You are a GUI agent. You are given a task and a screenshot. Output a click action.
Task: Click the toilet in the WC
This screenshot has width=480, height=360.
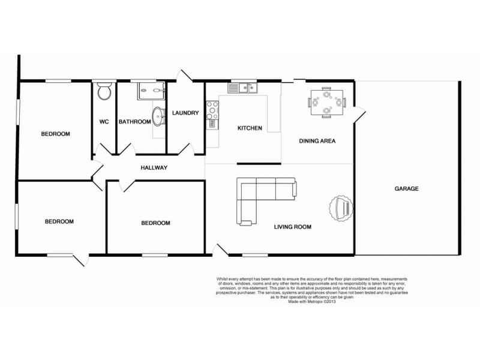[x=104, y=92]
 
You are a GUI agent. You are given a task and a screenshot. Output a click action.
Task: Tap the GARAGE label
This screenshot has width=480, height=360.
[x=406, y=188]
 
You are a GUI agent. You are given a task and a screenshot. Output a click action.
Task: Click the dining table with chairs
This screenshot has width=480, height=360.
[x=326, y=102]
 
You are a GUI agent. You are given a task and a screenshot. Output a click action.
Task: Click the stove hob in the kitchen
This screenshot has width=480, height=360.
[x=212, y=109]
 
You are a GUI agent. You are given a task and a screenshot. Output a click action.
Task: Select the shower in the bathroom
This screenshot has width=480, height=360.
[x=146, y=91]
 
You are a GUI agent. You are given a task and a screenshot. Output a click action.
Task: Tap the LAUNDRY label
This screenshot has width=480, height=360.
[x=185, y=113]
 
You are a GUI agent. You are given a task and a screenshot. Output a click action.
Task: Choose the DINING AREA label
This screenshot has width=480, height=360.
[x=317, y=142]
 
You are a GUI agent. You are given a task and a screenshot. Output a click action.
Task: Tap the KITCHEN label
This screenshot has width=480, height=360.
[x=250, y=128]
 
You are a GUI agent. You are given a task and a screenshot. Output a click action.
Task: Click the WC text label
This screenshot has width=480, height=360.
[x=103, y=122]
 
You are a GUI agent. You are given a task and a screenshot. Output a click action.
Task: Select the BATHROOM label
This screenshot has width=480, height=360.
[x=134, y=122]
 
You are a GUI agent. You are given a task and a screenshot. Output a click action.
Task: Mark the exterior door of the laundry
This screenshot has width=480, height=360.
[x=183, y=77]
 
